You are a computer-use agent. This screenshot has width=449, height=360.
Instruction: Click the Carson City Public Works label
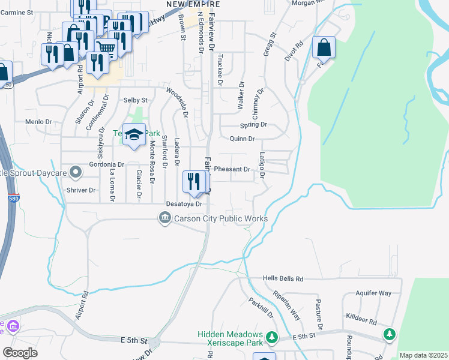[x=220, y=218]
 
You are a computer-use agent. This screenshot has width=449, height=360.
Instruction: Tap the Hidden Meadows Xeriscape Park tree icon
[x=271, y=337]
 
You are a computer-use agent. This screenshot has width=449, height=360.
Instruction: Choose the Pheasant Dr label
[x=232, y=169]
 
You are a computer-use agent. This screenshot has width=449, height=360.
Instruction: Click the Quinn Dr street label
[x=243, y=139]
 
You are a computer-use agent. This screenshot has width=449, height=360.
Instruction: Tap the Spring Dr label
[x=253, y=125]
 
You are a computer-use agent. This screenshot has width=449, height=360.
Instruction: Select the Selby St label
[x=135, y=100]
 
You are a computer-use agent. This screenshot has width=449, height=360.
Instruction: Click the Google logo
[x=20, y=352]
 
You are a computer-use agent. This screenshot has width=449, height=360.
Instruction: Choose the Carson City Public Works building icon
[x=165, y=218]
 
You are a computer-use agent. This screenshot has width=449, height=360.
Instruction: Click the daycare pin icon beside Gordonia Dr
[x=76, y=173]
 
